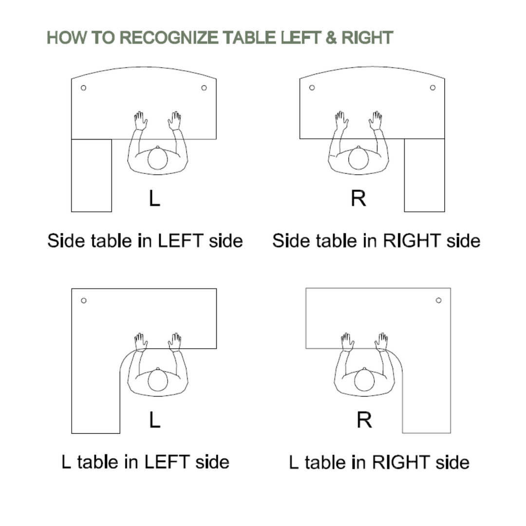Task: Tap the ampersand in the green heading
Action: pos(331,38)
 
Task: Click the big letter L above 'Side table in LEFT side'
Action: pos(154,198)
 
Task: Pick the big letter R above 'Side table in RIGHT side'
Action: pos(358,198)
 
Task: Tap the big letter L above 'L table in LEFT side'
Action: pos(154,419)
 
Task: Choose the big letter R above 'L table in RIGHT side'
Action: pos(364,419)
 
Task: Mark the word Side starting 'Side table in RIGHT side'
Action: pos(290,241)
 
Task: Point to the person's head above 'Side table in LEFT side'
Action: pos(157,158)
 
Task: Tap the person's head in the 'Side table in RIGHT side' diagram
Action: pos(358,158)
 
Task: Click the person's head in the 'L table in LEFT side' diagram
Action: pos(157,380)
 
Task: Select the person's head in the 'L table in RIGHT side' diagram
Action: pos(364,380)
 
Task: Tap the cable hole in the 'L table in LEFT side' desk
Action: pos(84,301)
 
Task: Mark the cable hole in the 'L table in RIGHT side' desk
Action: pos(438,301)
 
